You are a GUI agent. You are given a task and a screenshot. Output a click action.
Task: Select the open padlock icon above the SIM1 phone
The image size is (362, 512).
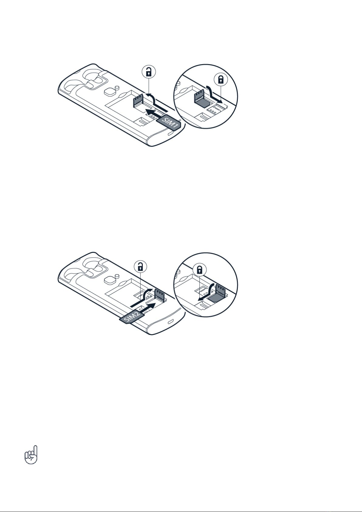pyautogui.click(x=149, y=72)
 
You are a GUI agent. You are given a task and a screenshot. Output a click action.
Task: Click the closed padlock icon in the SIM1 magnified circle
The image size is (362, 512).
pyautogui.click(x=220, y=80)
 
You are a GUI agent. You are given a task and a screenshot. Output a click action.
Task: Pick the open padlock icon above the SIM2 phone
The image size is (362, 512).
pyautogui.click(x=141, y=267)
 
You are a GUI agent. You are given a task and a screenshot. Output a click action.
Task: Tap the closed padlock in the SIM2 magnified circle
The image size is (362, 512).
pyautogui.click(x=200, y=270)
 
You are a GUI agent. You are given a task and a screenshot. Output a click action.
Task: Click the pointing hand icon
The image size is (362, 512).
pyautogui.click(x=31, y=455)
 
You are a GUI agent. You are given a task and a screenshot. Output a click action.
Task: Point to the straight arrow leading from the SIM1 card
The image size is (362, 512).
pyautogui.click(x=157, y=113)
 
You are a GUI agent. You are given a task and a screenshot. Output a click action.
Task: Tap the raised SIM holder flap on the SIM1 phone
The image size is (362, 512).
pyautogui.click(x=138, y=100)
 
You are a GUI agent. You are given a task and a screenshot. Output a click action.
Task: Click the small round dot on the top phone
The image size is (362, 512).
pyautogui.click(x=117, y=87)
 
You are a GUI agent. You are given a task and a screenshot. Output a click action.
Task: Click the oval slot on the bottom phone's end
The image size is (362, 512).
pyautogui.click(x=171, y=322)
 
